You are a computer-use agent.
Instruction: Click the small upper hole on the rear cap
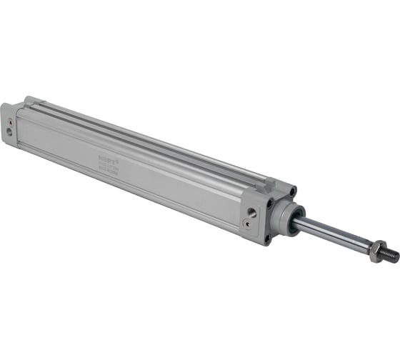[11, 121]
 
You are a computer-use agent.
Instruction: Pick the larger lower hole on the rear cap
[9, 132]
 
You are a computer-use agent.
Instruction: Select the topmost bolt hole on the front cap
[293, 191]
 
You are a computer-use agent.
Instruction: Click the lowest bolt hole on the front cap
[267, 239]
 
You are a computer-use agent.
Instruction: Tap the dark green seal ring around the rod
[292, 221]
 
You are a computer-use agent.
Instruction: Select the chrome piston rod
[332, 234]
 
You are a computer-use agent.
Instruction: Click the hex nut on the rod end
[377, 250]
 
